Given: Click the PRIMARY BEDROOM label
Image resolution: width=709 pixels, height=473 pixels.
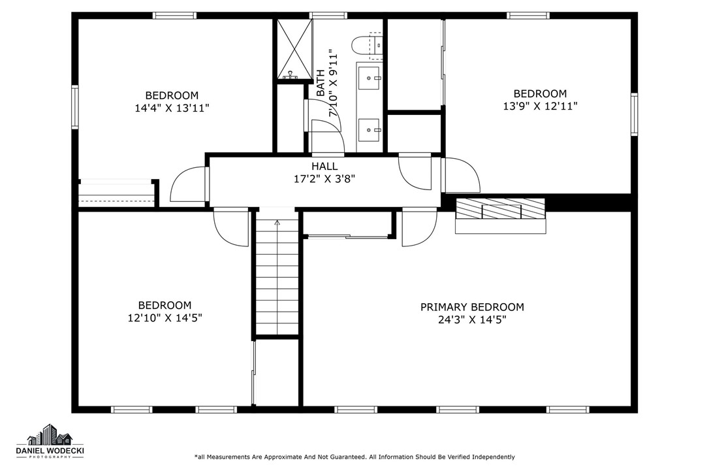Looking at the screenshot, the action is [472, 307].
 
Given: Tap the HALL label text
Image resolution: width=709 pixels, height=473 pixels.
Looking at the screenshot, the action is [324, 167].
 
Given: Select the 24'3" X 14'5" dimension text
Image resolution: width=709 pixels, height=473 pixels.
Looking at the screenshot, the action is [472, 319].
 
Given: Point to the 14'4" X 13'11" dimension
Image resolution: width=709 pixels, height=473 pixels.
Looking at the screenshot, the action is [172, 108].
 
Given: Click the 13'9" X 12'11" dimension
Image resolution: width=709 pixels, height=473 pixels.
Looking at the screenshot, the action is [541, 106].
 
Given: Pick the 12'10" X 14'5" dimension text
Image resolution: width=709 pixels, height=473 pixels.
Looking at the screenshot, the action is [165, 318].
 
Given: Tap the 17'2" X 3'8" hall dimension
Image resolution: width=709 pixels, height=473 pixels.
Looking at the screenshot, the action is [324, 179].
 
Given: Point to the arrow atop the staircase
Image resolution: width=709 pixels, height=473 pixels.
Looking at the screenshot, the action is [277, 222].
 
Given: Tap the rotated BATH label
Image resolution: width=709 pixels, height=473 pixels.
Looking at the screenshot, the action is [321, 83].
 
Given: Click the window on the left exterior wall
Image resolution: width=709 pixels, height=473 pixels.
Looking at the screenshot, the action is [75, 107].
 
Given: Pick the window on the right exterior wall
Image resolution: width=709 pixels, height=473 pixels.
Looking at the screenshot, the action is [635, 114].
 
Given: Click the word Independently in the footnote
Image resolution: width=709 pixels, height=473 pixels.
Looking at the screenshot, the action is [494, 457].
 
